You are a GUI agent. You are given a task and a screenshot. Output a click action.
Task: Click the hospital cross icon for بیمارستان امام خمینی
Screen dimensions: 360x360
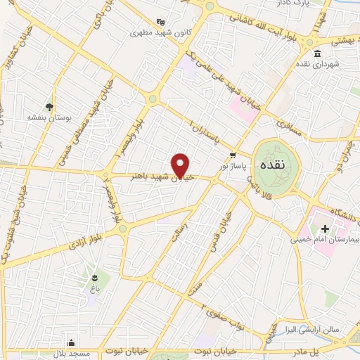tap(325, 229)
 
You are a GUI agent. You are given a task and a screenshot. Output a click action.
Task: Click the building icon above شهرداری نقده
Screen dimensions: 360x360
tap(318, 54)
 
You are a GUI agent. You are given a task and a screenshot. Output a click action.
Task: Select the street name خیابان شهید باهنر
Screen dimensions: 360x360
tap(156, 174)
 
